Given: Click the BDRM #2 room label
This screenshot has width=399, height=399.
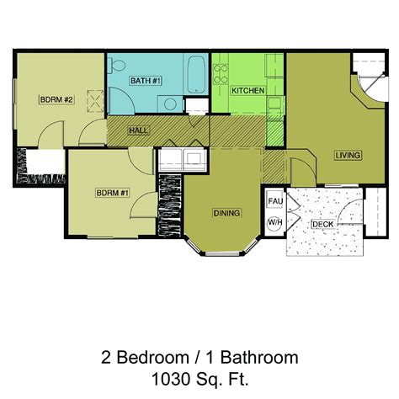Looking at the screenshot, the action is coord(56,99).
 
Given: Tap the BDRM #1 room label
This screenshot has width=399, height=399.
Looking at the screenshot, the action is coord(112,193).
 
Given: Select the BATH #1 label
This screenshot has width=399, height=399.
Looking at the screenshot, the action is coord(146,81).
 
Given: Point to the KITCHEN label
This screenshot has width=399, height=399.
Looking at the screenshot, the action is coord(247,91).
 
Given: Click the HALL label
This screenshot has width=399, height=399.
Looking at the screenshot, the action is coord(138,130).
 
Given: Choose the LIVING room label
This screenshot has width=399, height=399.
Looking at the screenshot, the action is coord(348,155).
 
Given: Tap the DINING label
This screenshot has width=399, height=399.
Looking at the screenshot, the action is coord(226,213).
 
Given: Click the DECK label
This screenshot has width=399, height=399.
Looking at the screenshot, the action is coord(323,224).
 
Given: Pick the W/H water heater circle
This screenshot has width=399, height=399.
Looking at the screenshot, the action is coord(274,223).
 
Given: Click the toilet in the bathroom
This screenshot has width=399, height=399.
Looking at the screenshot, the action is coord(116,66).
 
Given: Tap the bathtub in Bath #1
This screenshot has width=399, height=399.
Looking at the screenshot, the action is coord(196,75).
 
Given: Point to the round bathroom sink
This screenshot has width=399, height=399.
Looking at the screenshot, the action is coord(170,104).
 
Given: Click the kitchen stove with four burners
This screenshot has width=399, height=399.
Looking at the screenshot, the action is coord(221,74).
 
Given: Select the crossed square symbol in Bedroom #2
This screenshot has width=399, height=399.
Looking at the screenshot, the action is coord(95,101).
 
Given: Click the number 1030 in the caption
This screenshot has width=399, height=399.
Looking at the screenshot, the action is coord(168,379).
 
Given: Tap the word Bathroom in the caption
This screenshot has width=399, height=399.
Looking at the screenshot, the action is coord(259,358).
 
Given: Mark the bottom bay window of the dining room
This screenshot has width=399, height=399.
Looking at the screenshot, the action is coord(222,254).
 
